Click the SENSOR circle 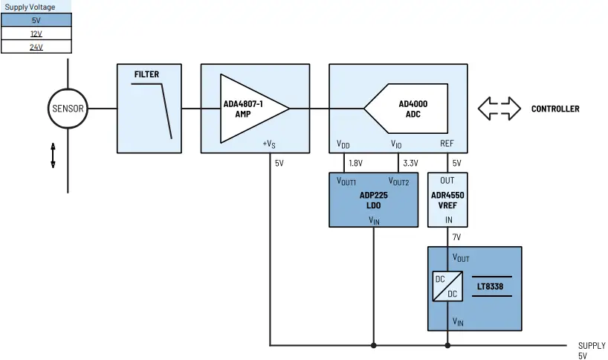pyautogui.click(x=68, y=109)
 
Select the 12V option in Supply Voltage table pyautogui.click(x=36, y=33)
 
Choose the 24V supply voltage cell pyautogui.click(x=36, y=46)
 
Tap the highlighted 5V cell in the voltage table pyautogui.click(x=36, y=21)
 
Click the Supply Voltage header pyautogui.click(x=30, y=7)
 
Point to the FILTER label pyautogui.click(x=146, y=74)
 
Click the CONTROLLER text pyautogui.click(x=554, y=109)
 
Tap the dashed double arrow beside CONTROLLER pyautogui.click(x=499, y=109)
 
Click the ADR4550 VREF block pyautogui.click(x=447, y=199)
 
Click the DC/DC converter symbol pyautogui.click(x=447, y=286)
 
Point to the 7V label pyautogui.click(x=456, y=237)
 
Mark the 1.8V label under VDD pyautogui.click(x=355, y=163)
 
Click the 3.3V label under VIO pyautogui.click(x=410, y=163)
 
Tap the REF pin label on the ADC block pyautogui.click(x=447, y=144)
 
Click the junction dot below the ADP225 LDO pyautogui.click(x=373, y=345)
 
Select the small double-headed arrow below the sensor pyautogui.click(x=53, y=155)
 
